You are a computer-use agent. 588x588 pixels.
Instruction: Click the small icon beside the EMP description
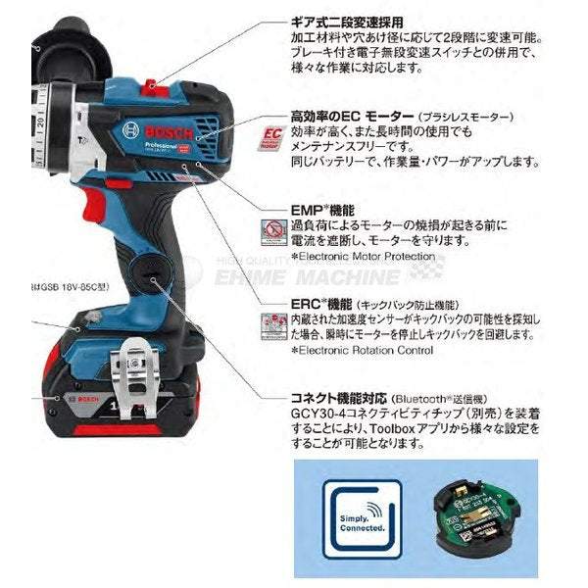273,231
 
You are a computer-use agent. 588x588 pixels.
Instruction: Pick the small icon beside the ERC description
273,325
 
